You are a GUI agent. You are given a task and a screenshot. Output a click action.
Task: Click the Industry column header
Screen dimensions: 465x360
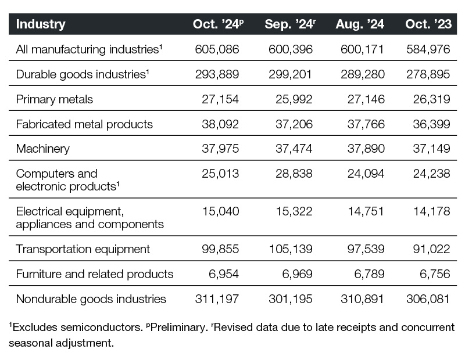pyautogui.click(x=41, y=24)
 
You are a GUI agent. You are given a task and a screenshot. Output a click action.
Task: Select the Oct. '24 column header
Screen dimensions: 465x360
pyautogui.click(x=219, y=24)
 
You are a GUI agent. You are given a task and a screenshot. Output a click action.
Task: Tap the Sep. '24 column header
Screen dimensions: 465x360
pyautogui.click(x=290, y=24)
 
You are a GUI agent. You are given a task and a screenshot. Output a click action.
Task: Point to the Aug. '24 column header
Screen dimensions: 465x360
pyautogui.click(x=360, y=24)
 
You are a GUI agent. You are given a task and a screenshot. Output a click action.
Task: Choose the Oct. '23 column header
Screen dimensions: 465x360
pyautogui.click(x=428, y=24)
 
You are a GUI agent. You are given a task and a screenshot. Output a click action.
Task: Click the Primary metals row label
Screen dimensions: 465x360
pyautogui.click(x=54, y=99)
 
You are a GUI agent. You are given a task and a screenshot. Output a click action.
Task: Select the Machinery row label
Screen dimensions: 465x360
pyautogui.click(x=42, y=149)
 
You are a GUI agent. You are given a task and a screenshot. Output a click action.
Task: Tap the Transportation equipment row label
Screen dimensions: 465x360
pyautogui.click(x=83, y=249)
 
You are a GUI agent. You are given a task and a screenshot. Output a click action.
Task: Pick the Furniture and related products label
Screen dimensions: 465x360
pyautogui.click(x=95, y=274)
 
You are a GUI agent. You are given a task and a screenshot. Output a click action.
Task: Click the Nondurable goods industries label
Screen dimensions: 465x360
pyautogui.click(x=91, y=299)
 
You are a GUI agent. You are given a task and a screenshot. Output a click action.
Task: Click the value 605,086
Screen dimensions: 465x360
pyautogui.click(x=217, y=49)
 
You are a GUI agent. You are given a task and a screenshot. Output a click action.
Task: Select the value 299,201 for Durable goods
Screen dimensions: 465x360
pyautogui.click(x=290, y=74)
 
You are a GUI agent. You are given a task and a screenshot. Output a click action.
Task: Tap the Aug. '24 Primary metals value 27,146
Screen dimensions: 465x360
pyautogui.click(x=366, y=99)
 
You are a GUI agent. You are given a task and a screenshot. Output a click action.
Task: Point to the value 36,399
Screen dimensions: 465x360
pyautogui.click(x=431, y=124)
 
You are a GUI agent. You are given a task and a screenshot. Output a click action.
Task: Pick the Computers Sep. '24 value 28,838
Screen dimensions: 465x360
pyautogui.click(x=294, y=174)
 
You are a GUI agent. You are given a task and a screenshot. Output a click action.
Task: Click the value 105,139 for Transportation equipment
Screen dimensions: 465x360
pyautogui.click(x=291, y=249)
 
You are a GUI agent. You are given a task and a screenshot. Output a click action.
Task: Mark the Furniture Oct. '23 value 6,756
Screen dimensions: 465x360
pyautogui.click(x=435, y=274)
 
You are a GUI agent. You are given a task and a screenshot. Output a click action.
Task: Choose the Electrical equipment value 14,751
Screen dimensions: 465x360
pyautogui.click(x=366, y=211)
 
